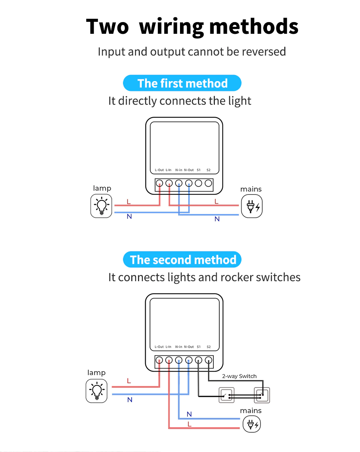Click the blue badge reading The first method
point(182,83)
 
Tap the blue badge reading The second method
point(182,259)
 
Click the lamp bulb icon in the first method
point(101,206)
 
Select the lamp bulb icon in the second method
point(96,391)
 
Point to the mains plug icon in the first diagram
point(252,206)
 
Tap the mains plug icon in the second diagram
point(252,425)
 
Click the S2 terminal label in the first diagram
point(208,170)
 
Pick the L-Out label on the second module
point(159,347)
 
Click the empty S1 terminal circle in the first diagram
point(198,183)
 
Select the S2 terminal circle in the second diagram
point(208,360)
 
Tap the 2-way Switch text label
point(239,376)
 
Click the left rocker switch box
point(226,395)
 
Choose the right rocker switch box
point(262,395)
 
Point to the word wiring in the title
point(171,27)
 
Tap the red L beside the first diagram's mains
point(216,202)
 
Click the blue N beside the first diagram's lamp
point(129,217)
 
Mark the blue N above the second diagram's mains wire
point(189,414)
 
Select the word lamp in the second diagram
point(96,373)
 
